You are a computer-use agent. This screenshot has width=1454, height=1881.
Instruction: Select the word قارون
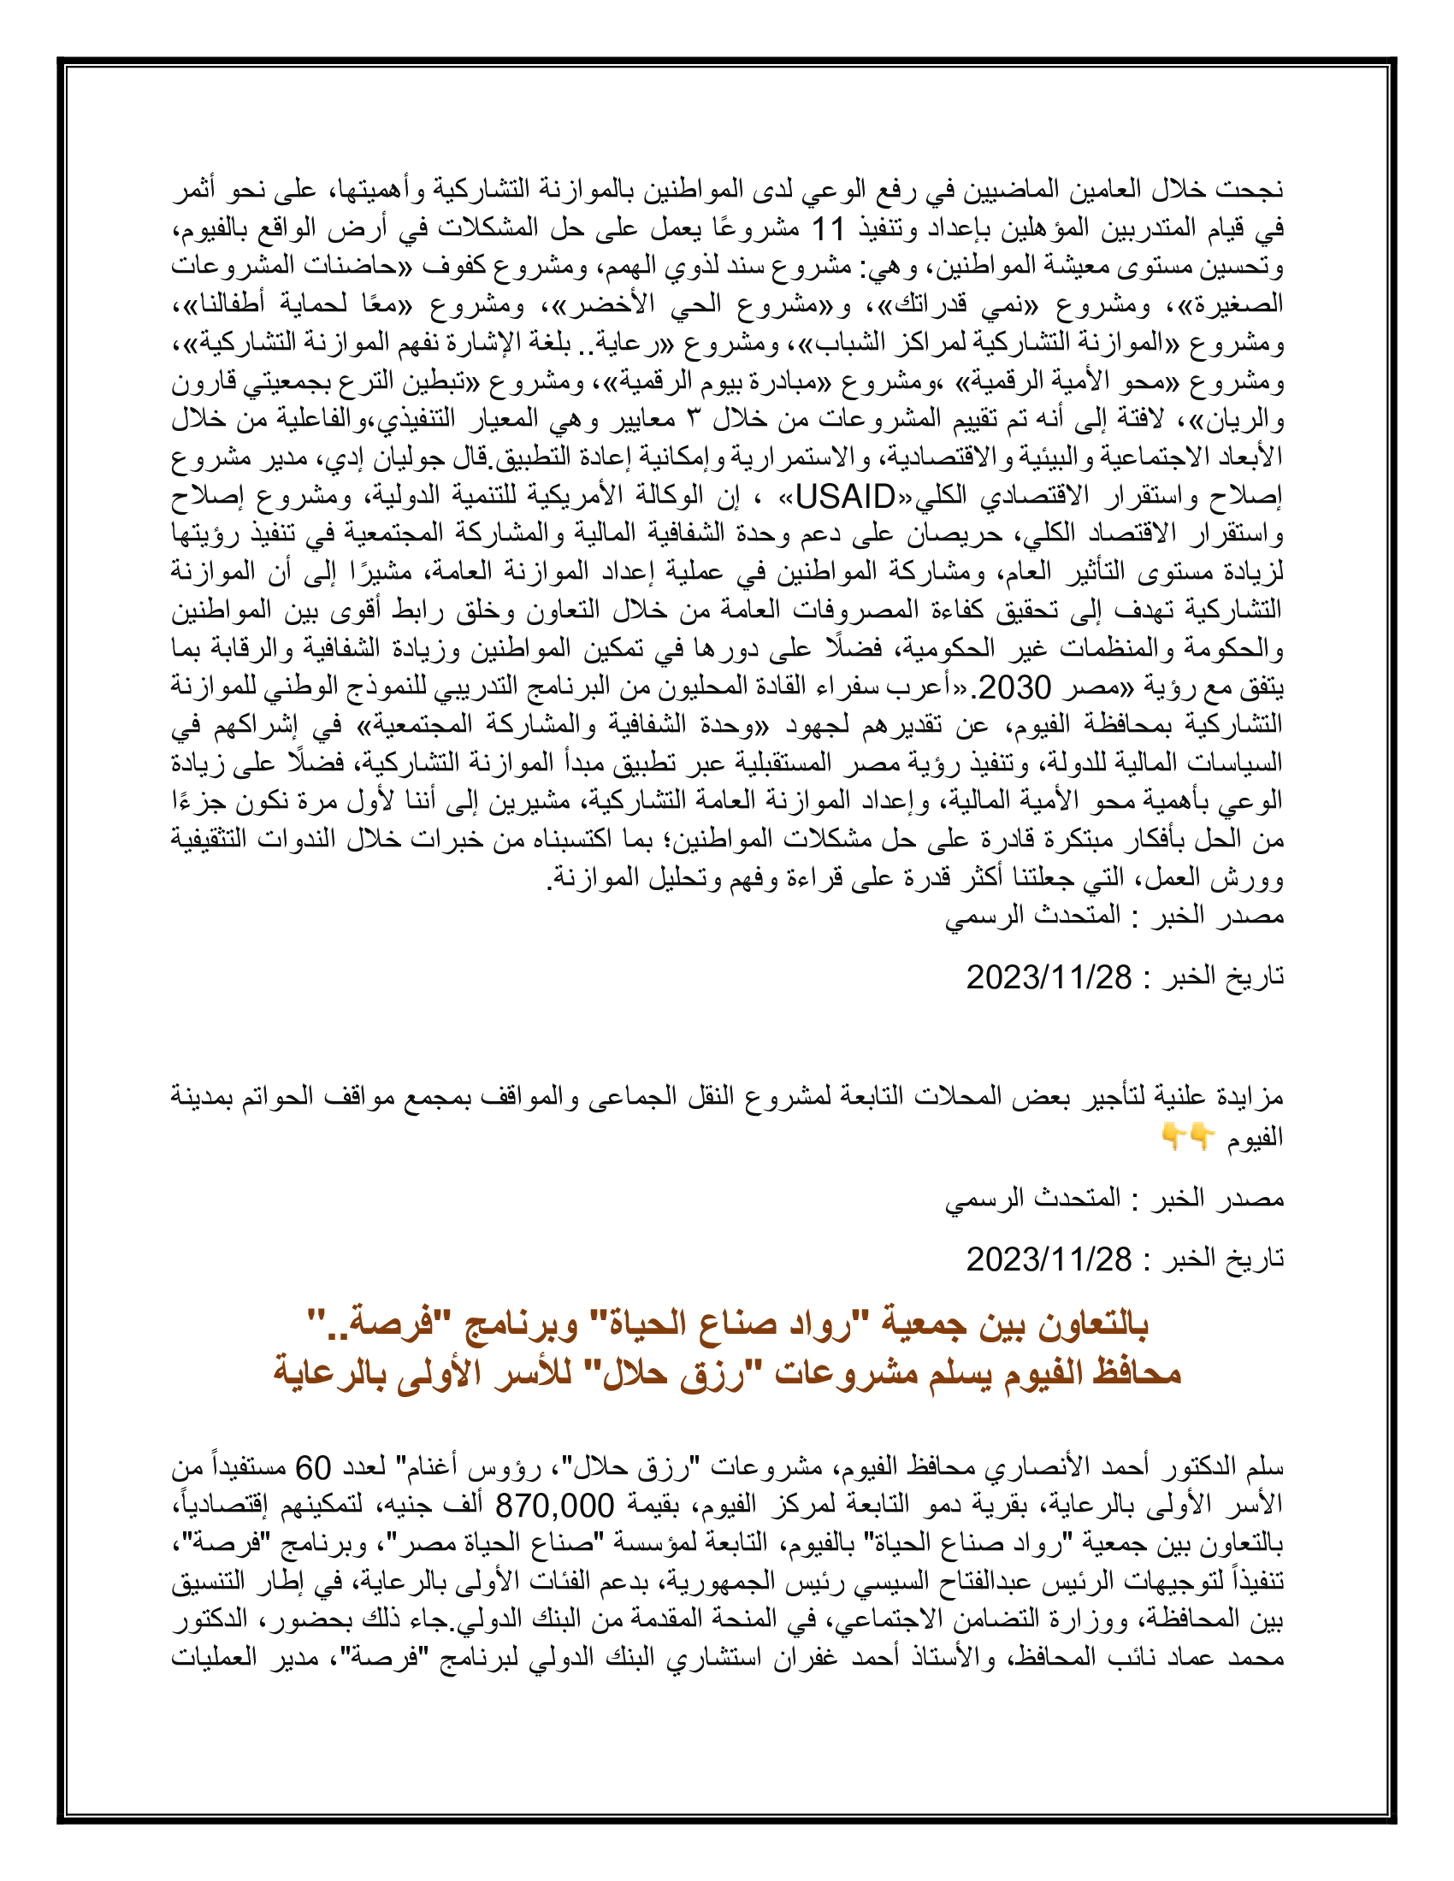[x=205, y=381]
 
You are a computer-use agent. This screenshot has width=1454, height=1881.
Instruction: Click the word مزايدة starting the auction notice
[x=1250, y=1097]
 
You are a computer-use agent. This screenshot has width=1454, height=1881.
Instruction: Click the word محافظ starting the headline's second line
[x=1138, y=1372]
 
